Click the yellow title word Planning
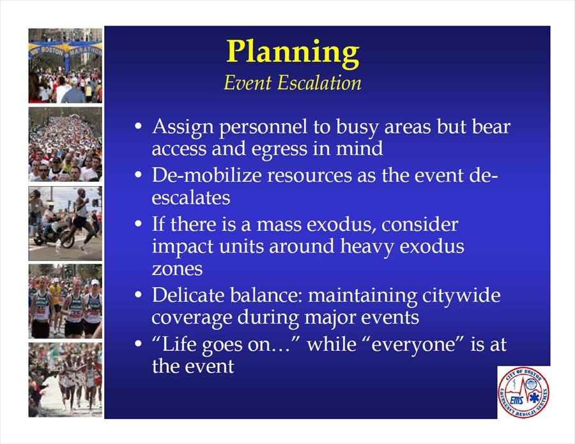[293, 53]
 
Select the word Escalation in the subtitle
[319, 83]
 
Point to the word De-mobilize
[207, 175]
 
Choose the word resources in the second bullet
[309, 175]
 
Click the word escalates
[190, 198]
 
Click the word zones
[177, 270]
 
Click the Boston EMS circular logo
[523, 392]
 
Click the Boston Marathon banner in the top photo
[66, 50]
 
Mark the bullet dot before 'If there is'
[138, 223]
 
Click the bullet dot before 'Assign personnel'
[138, 126]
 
